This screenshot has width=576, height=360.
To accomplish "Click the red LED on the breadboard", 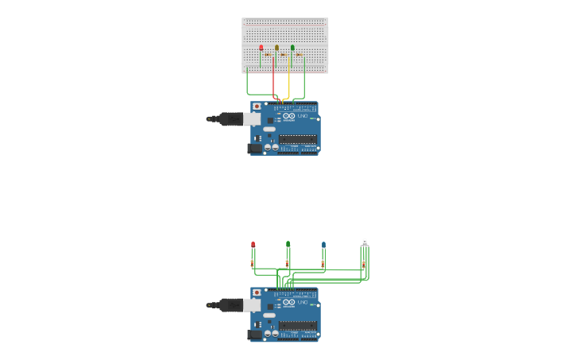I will [261, 48].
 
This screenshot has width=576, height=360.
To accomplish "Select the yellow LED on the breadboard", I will [276, 48].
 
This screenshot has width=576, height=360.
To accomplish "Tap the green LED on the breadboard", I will [292, 48].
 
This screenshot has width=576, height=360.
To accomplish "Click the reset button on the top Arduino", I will [257, 106].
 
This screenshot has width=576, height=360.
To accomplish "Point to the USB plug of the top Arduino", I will [231, 119].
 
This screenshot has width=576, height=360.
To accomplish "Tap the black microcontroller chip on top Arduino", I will [297, 139].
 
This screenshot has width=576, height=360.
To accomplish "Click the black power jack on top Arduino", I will [254, 148].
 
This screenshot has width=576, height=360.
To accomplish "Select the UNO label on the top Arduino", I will [302, 116].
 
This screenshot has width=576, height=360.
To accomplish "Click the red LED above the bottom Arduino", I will [253, 244].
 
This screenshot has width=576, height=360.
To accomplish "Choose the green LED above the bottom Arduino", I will [288, 243].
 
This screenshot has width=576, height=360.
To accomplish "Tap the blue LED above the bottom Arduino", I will [323, 244].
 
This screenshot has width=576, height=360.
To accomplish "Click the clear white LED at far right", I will [365, 241].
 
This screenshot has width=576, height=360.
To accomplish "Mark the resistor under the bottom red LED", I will [252, 262].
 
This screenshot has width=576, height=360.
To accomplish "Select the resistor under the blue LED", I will [323, 263].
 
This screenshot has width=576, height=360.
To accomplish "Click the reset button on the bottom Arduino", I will [257, 292].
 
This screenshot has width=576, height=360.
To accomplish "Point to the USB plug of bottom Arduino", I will [231, 304].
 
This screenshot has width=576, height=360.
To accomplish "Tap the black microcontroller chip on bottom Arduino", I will [297, 325].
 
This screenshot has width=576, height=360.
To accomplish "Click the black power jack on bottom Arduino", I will [254, 335].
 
